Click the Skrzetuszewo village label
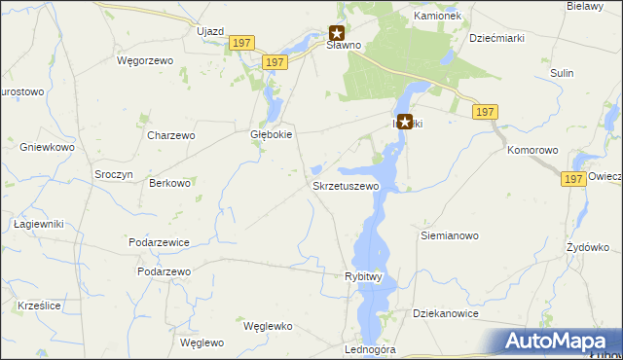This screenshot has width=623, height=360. click(345, 185)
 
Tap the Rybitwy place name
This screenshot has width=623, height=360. click(366, 276)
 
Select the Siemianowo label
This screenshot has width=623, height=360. click(449, 235)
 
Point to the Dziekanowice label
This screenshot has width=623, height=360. click(449, 314)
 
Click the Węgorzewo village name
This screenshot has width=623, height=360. click(144, 60)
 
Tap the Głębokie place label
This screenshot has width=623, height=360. click(273, 135)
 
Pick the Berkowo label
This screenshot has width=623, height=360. click(169, 183)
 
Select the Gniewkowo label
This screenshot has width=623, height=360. click(47, 147)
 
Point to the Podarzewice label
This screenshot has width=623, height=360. click(158, 241)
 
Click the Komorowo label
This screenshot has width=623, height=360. click(532, 151)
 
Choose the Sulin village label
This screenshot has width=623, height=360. click(562, 73)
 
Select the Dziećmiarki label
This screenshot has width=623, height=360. click(497, 39)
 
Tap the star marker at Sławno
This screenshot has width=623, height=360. click(338, 32)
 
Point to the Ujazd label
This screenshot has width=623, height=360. click(210, 31)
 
